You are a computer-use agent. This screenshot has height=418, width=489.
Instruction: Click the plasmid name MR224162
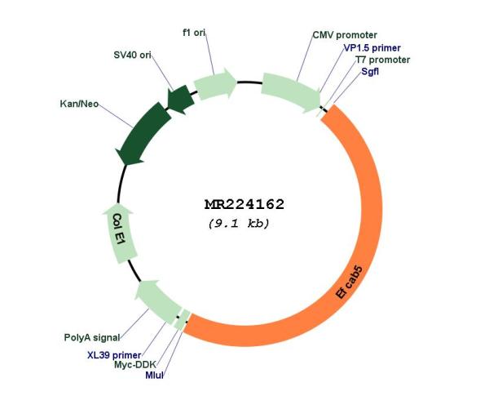tap(244, 204)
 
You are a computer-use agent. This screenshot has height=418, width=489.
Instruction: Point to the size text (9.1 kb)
tap(239, 224)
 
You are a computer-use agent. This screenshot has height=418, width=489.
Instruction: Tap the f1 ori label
tap(194, 33)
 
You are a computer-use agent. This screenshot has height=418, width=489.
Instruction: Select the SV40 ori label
tap(133, 55)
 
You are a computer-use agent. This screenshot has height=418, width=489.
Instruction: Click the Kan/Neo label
tap(79, 104)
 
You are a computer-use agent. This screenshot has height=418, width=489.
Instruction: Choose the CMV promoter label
tap(345, 35)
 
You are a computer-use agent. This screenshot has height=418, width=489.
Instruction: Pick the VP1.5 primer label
tap(372, 48)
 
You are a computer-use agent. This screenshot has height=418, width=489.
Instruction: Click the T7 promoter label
tap(383, 60)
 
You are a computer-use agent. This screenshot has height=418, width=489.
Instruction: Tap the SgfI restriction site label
tap(370, 71)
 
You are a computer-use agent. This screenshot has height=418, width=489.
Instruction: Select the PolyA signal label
tap(92, 337)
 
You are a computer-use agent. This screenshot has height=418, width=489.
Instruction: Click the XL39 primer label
tap(114, 355)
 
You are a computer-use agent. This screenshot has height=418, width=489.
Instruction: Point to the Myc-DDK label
tap(135, 365)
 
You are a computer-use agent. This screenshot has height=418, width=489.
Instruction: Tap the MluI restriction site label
tap(154, 376)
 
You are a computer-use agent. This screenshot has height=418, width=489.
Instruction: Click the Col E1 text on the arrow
tap(120, 229)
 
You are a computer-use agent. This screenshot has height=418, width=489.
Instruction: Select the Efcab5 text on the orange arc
tap(350, 282)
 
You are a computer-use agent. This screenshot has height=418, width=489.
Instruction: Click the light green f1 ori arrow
tap(215, 84)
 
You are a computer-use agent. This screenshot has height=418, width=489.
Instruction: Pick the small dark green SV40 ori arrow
tap(179, 100)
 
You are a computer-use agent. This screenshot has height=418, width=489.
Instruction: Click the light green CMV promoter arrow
tap(291, 93)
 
